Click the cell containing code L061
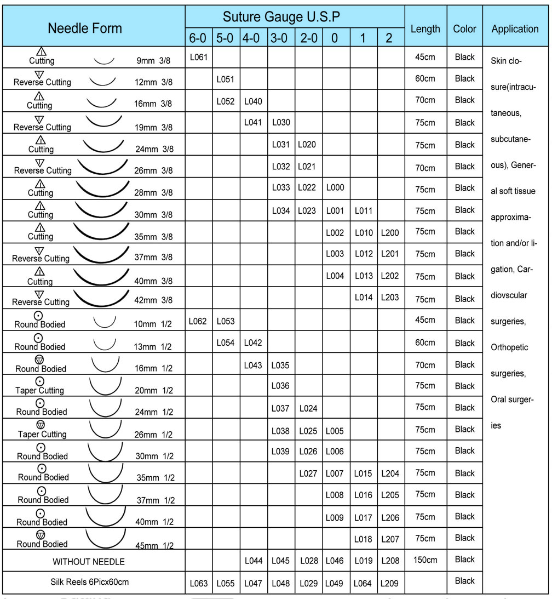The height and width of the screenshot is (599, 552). click(x=198, y=57)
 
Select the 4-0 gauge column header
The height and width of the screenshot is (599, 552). click(x=253, y=38)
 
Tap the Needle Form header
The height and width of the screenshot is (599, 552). click(x=85, y=28)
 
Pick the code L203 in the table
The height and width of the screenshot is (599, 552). click(x=390, y=298)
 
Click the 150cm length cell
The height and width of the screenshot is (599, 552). click(x=425, y=560)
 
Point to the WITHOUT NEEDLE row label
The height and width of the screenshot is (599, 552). click(x=89, y=561)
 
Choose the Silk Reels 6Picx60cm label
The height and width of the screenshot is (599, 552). click(x=90, y=581)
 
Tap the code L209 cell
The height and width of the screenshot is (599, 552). click(x=390, y=583)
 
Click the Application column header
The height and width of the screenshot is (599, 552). click(x=515, y=29)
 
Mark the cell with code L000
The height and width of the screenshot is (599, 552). click(x=335, y=188)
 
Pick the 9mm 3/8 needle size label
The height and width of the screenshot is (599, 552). click(x=154, y=61)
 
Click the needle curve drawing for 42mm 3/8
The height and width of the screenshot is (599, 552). click(x=101, y=298)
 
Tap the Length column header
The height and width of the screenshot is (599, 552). click(x=425, y=29)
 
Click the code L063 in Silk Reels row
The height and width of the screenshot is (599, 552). click(x=198, y=583)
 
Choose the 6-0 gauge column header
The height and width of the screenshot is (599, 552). click(x=198, y=38)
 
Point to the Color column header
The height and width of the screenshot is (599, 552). click(x=464, y=29)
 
